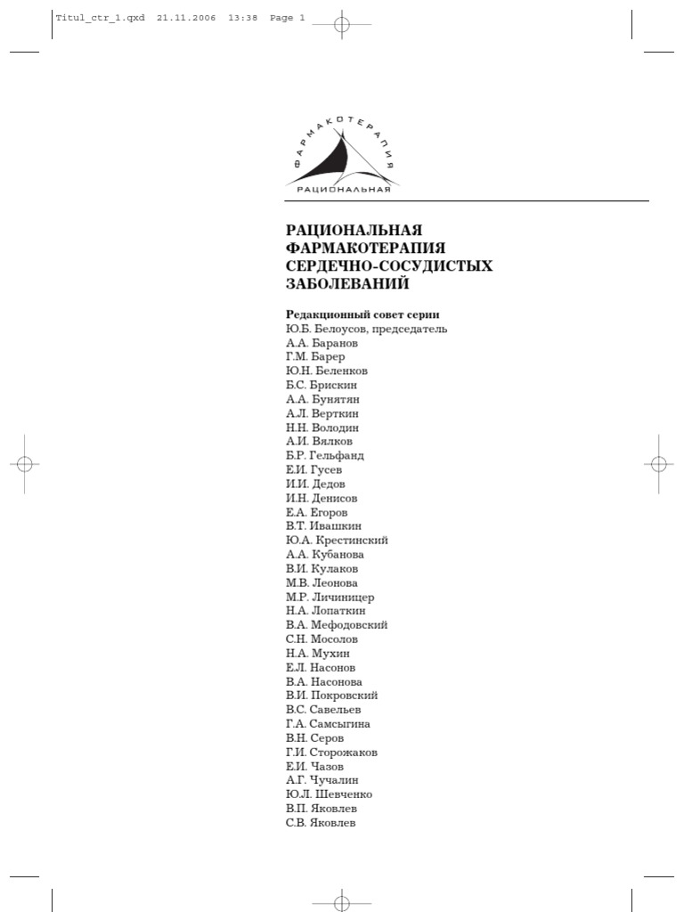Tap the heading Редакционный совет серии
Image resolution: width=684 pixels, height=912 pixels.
(x=362, y=314)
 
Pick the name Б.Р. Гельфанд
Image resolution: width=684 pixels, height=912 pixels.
(x=325, y=455)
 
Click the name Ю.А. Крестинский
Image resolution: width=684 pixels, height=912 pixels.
(x=337, y=540)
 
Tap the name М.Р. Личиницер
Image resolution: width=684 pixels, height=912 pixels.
(x=330, y=597)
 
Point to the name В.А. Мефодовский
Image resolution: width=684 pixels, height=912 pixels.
(x=337, y=625)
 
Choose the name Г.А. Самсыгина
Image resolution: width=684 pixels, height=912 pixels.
(x=328, y=724)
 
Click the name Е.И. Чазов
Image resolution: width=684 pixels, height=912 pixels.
(x=315, y=767)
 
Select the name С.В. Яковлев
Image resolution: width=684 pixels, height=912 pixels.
(x=321, y=824)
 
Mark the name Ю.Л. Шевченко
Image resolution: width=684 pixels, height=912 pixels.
(x=330, y=795)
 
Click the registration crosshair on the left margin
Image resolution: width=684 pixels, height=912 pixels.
(x=24, y=464)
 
